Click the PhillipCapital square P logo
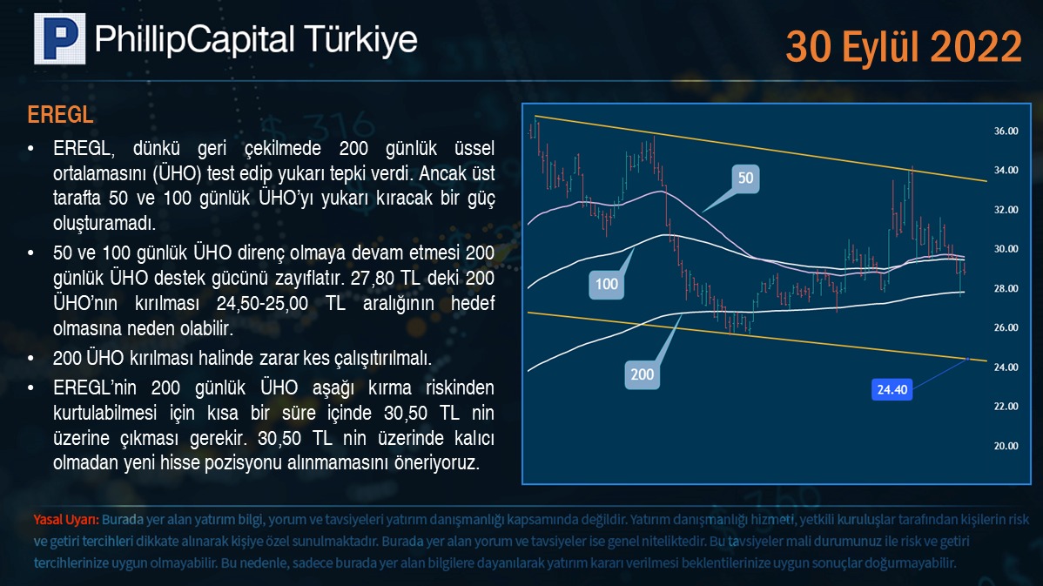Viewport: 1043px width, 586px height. (60, 38)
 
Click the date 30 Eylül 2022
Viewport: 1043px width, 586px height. (904, 46)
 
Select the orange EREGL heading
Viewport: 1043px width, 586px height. (60, 114)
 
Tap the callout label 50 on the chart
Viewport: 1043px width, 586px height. (745, 178)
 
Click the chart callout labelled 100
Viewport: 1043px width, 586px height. (606, 284)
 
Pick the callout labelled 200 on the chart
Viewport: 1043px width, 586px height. (642, 374)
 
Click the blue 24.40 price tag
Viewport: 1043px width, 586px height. (892, 390)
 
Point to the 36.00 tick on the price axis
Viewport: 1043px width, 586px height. (1006, 131)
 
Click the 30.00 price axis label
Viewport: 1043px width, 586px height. (1006, 249)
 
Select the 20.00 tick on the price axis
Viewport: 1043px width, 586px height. (1006, 446)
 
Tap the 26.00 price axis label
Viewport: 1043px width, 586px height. (1006, 327)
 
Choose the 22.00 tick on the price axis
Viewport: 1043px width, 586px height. (1006, 406)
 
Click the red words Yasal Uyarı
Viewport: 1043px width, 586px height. (66, 520)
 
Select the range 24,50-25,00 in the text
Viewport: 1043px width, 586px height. (262, 303)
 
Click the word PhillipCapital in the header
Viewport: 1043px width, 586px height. (194, 40)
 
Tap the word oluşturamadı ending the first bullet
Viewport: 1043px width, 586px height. (104, 223)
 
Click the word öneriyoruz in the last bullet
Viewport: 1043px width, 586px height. (437, 463)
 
